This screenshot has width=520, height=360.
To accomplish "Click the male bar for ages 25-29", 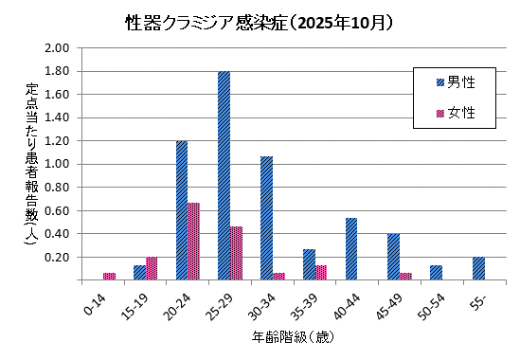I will point(224,175).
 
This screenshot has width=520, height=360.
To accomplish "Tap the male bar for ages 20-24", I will point(181,210).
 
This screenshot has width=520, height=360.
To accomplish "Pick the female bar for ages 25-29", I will point(237,253).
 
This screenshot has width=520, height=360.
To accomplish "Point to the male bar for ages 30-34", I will point(266,218).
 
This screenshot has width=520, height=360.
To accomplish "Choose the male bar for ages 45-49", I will point(393,256).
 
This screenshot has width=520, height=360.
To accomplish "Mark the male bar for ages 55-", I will point(478,268).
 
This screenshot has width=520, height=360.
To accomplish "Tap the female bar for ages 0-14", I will point(109,276).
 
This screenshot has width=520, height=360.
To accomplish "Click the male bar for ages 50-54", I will point(436,272).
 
